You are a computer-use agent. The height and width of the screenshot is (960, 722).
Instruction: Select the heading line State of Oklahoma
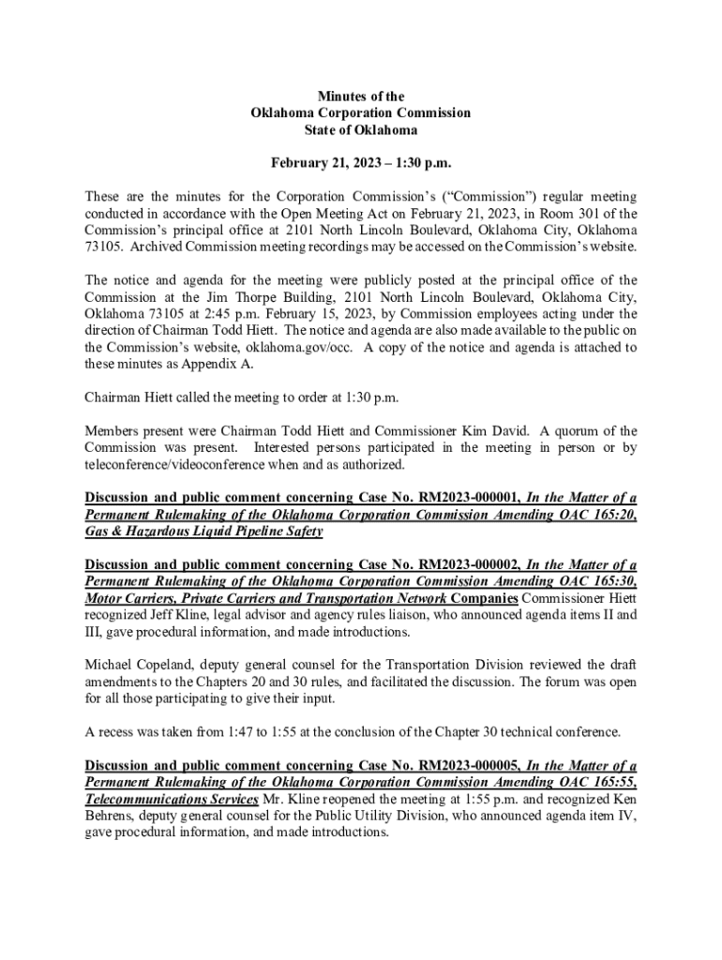(361, 130)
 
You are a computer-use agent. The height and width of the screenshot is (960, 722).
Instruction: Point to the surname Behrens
(111, 816)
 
